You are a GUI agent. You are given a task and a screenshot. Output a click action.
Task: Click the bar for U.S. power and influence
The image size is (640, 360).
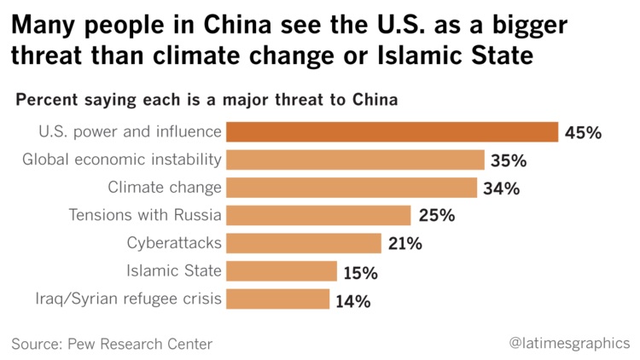(x=393, y=132)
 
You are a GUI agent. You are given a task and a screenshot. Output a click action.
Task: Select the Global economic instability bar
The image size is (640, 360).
(x=356, y=160)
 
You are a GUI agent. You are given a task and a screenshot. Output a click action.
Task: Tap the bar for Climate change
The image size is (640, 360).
(x=352, y=188)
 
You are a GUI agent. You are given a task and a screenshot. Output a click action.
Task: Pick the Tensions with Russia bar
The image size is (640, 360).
(x=319, y=215)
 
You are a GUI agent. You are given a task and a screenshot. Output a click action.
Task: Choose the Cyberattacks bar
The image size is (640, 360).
(x=305, y=243)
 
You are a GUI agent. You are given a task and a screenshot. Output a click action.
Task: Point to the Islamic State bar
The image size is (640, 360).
(x=282, y=271)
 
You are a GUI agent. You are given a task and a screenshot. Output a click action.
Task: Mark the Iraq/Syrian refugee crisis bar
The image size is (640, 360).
(x=279, y=299)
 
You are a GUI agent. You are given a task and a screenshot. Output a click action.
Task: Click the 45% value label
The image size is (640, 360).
(x=585, y=133)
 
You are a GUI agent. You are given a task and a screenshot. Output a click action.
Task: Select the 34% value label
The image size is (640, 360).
(x=502, y=189)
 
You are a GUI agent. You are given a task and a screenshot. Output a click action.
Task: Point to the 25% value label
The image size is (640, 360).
(x=436, y=216)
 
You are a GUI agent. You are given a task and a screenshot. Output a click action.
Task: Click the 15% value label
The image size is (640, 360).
(x=362, y=272)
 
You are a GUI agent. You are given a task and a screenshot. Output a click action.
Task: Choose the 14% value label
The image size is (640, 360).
(x=353, y=300)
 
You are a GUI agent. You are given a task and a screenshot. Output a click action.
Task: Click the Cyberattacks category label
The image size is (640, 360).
(x=175, y=243)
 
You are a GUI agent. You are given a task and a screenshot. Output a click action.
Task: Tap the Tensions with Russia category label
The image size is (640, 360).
(x=145, y=215)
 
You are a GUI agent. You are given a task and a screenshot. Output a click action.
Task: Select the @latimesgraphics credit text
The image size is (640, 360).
(x=569, y=343)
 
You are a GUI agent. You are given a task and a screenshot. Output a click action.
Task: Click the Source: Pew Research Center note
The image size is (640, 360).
(x=112, y=344)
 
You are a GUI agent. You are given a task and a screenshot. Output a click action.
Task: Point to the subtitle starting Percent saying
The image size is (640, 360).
(x=207, y=100)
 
